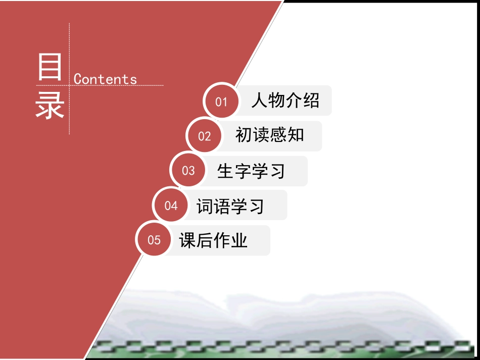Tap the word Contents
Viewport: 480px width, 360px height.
click(105, 79)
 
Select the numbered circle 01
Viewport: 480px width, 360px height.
click(221, 102)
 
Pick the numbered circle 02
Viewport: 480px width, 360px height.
click(204, 136)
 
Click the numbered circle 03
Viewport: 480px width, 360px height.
click(188, 171)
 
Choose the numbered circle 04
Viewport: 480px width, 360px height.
click(171, 205)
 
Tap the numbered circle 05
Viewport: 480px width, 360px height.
click(154, 240)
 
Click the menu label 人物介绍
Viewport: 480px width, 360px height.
click(285, 101)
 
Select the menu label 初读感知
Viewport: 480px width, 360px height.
click(269, 135)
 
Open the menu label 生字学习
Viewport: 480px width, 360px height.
click(251, 171)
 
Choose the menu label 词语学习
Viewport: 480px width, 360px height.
click(230, 206)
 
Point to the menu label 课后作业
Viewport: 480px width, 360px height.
click(213, 240)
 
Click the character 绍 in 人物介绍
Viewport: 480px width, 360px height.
click(311, 101)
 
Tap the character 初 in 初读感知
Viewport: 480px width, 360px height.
click(244, 135)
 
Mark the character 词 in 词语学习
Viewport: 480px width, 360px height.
click(205, 206)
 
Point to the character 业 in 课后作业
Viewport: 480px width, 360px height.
click(239, 240)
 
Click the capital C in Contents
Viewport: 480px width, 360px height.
click(78, 79)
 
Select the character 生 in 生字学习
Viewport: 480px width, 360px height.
click(225, 171)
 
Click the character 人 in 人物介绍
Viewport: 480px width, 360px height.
click(260, 101)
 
